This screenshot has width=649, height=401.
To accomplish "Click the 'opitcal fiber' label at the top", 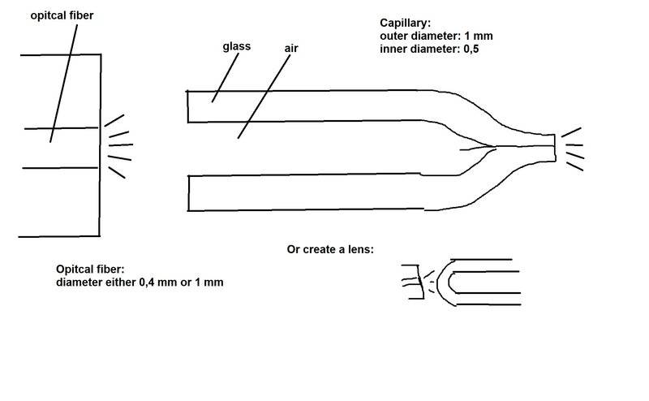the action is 62,15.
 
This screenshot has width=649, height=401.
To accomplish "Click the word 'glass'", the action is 237,46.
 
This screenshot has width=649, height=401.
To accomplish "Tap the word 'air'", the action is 291,48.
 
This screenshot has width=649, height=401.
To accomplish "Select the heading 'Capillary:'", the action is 405,24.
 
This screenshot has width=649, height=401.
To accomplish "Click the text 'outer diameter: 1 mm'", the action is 436,36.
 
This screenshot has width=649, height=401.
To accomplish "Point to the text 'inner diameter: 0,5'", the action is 429,49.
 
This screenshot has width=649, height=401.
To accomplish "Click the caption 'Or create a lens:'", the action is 330,249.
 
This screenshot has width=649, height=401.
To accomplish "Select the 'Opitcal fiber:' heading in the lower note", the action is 90,269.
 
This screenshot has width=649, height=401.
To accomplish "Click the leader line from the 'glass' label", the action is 226,77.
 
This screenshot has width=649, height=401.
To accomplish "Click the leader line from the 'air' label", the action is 264,97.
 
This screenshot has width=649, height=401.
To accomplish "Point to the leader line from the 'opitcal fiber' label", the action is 63,84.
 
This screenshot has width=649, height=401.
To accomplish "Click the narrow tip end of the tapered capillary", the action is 555,147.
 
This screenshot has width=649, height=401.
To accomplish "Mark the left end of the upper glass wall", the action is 187,106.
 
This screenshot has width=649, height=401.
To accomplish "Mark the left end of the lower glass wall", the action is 188,193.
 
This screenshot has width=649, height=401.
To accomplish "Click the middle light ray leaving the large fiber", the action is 121,145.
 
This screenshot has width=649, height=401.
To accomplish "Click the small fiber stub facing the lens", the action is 413,282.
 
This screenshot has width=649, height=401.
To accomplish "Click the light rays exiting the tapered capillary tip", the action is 573,149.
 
